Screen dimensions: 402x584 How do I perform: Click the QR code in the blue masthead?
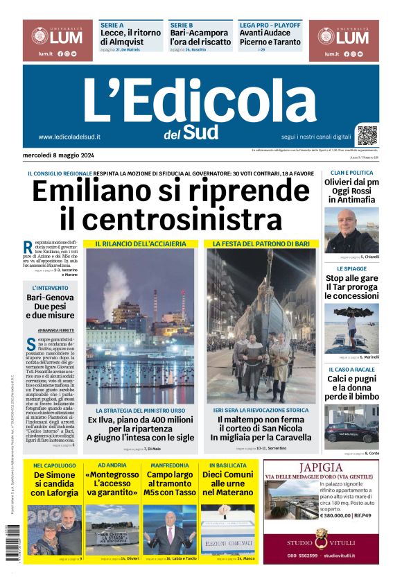367,135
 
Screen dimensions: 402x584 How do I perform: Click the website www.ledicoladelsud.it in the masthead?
69,137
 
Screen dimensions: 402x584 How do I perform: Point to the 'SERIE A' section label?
112,24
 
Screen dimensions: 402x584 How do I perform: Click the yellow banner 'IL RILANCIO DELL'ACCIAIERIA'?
141,244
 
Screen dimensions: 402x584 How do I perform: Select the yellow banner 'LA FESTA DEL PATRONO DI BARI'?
261,244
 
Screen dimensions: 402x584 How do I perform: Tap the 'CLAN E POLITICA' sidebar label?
351,173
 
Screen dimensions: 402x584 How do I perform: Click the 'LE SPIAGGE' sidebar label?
351,268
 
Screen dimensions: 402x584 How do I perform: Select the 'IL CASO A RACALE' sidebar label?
351,370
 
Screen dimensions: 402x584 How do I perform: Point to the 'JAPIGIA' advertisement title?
321,467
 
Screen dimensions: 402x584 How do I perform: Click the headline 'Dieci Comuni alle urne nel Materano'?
228,483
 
